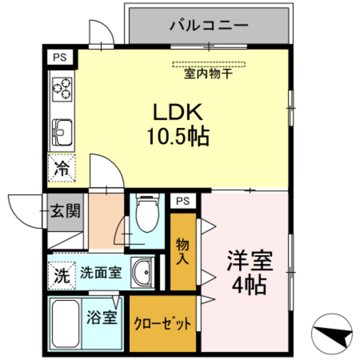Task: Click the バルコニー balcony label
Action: [209, 26]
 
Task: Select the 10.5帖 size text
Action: [177, 136]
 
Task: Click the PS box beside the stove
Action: [60, 57]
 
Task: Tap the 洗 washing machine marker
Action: [61, 275]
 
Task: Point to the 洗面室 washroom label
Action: [100, 272]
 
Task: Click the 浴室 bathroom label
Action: [102, 316]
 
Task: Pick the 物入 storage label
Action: [183, 251]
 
